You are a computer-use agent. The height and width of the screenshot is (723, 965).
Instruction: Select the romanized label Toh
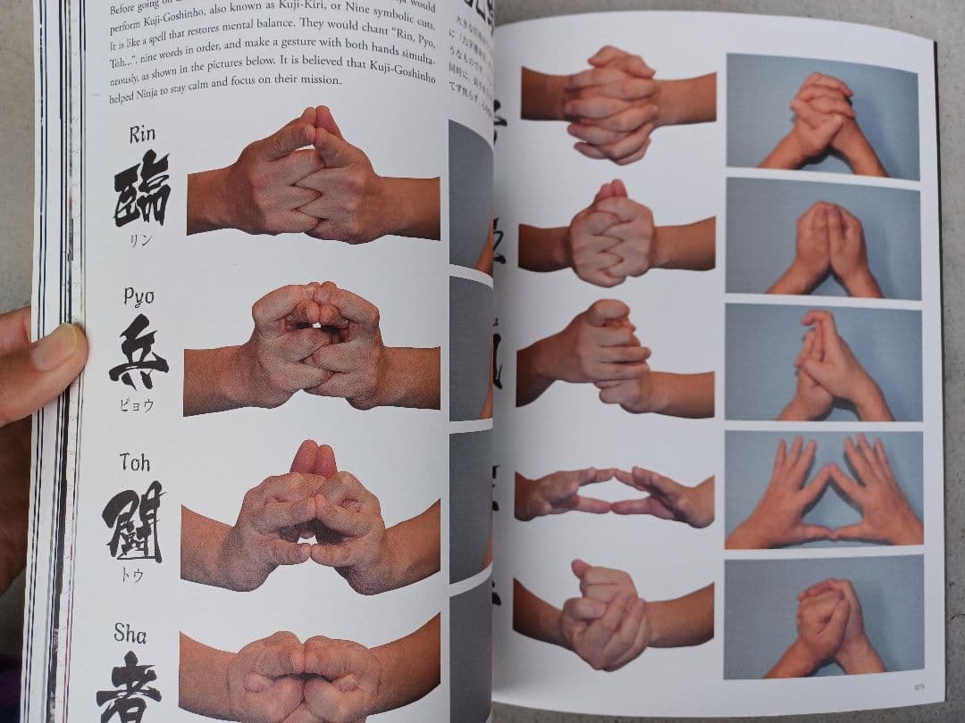coord(136,462)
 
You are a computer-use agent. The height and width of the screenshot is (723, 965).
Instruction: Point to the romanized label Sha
coord(130,634)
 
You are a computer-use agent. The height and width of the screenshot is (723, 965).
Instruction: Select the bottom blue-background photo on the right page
coord(823,617)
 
